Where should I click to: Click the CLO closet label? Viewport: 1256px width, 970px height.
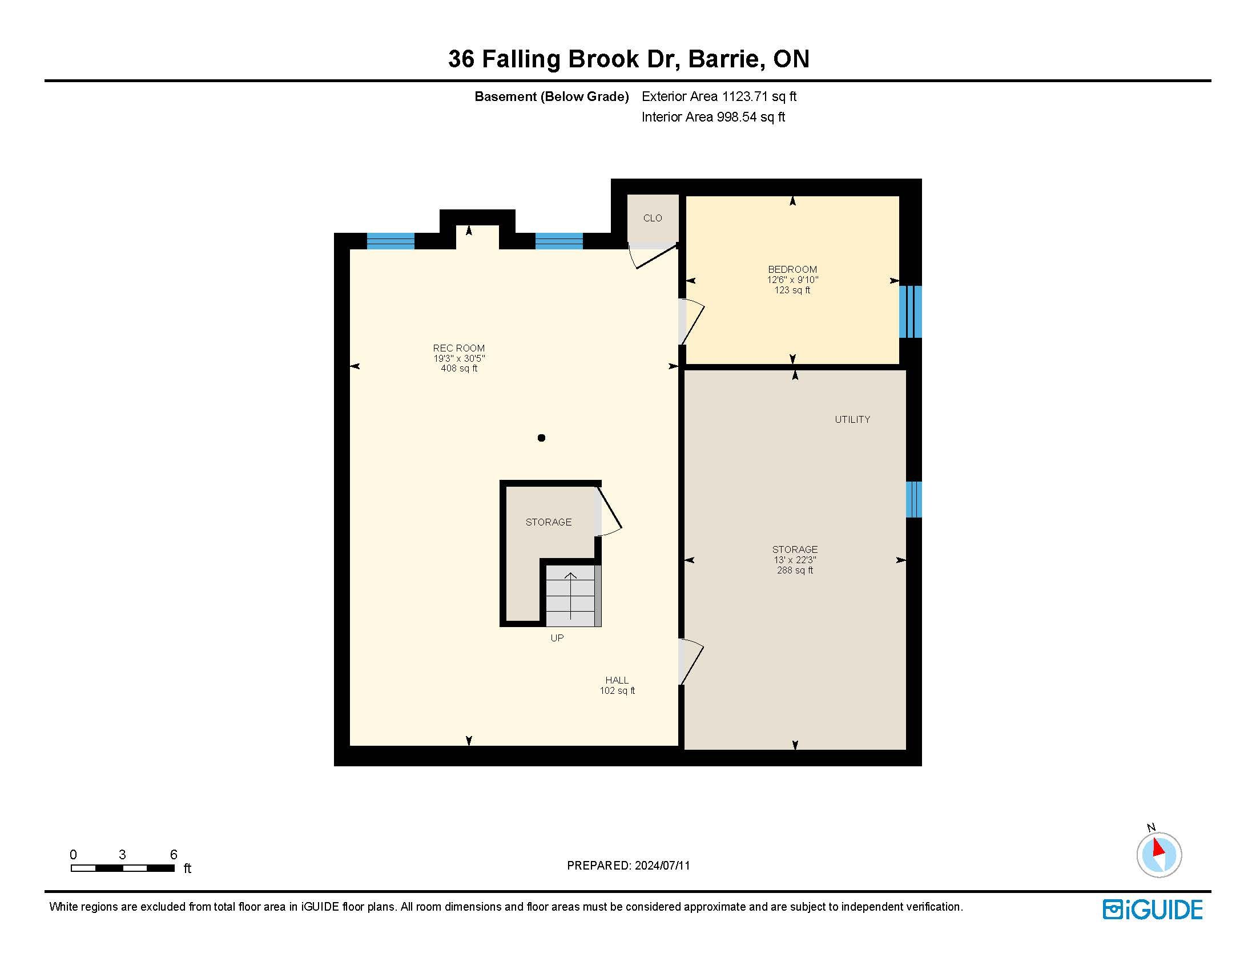click(x=652, y=219)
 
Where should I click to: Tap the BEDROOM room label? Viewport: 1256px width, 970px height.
click(x=792, y=269)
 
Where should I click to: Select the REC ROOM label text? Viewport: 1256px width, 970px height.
click(x=459, y=348)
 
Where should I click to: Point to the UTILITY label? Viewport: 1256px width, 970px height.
click(x=852, y=419)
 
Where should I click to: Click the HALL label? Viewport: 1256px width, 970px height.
click(x=617, y=680)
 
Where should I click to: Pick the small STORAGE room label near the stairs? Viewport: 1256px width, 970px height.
click(x=549, y=522)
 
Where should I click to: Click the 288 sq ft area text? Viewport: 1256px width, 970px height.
click(x=795, y=571)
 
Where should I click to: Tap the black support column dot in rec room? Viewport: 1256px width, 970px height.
click(x=541, y=438)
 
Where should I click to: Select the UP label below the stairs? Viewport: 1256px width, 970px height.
click(x=557, y=638)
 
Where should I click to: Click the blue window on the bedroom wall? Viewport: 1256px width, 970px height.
click(x=911, y=312)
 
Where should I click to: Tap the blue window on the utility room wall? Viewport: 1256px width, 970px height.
click(x=914, y=499)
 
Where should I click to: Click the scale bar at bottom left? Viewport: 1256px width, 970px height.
click(x=123, y=868)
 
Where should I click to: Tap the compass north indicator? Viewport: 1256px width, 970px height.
click(x=1159, y=855)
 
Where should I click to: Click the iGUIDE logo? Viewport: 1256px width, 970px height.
click(x=1153, y=910)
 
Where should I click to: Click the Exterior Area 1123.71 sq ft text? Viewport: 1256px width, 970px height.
click(x=719, y=96)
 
